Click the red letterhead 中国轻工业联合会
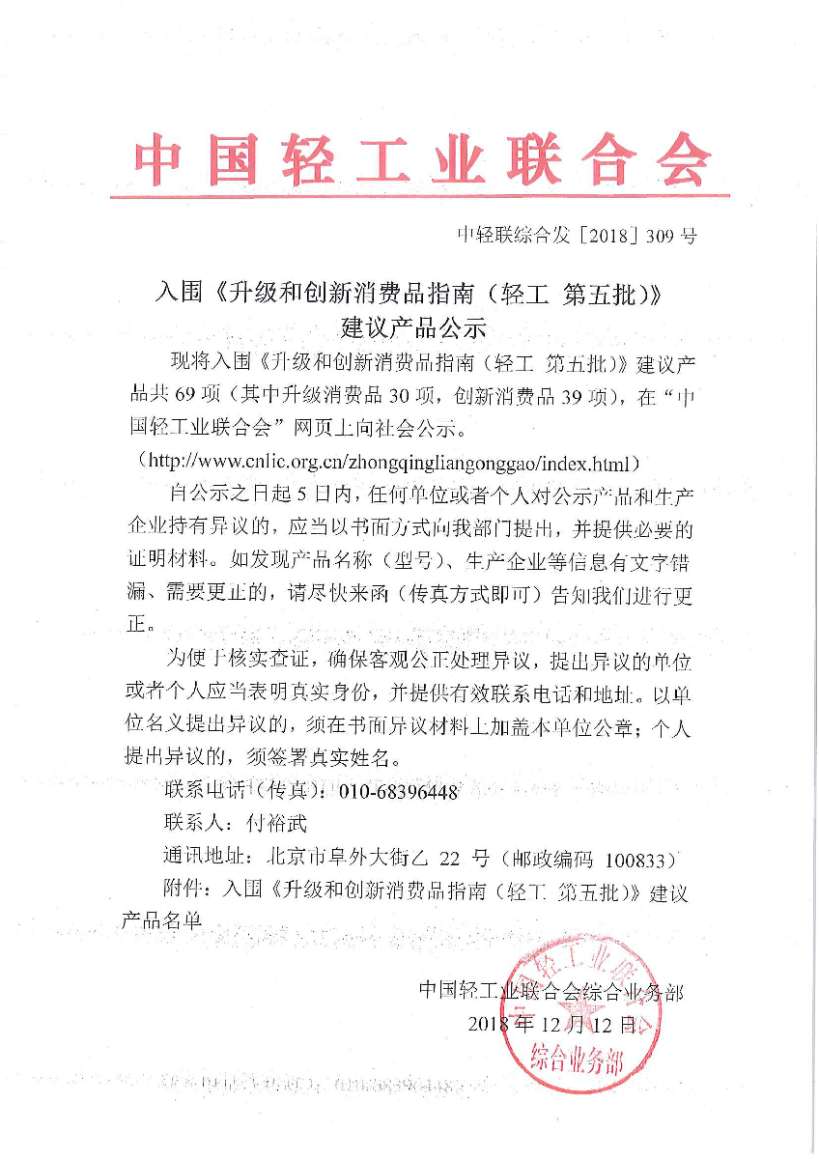(x=421, y=159)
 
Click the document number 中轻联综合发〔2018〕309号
(x=577, y=235)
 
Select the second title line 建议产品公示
(x=409, y=325)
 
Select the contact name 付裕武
(x=275, y=824)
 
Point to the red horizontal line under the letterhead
(x=419, y=197)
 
